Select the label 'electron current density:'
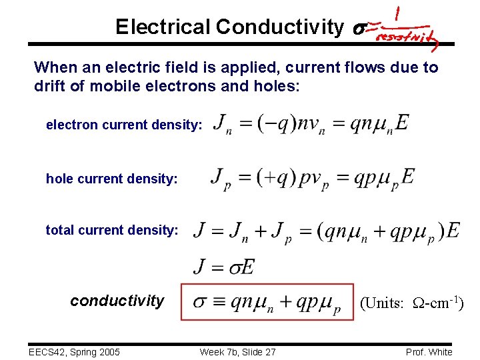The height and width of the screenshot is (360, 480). coord(123,125)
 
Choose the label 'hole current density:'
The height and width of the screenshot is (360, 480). coord(111,179)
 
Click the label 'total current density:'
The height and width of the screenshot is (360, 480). coord(112,230)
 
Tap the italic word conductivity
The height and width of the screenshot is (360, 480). coord(117,301)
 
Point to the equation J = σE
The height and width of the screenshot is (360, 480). coord(223,267)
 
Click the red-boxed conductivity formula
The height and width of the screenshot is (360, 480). coord(267,302)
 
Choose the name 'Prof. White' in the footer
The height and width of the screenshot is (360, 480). coord(429,352)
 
